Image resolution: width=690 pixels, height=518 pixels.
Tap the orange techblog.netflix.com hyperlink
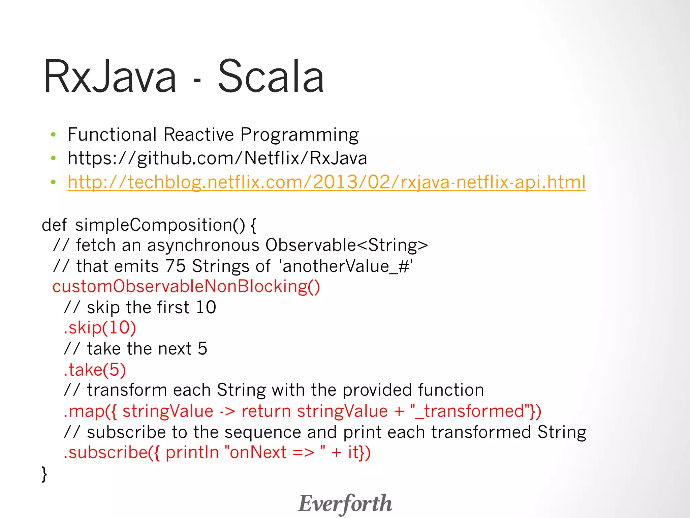326,182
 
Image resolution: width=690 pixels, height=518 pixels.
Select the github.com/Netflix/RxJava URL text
217,158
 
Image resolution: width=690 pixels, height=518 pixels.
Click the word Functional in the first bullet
112,135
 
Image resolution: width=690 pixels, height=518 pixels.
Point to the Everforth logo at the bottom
345,503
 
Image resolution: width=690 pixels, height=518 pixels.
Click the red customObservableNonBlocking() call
186,287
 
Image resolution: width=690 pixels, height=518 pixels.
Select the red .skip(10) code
100,328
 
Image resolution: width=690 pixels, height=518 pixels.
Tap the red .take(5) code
95,370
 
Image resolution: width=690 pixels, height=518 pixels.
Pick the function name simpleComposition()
160,225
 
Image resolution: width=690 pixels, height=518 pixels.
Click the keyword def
54,225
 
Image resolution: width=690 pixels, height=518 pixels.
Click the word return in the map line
266,411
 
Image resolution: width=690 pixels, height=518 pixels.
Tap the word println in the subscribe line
192,453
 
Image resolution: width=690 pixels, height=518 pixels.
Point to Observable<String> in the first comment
346,245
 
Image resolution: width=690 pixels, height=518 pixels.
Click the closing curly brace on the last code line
44,474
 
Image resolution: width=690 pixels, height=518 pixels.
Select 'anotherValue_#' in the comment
346,266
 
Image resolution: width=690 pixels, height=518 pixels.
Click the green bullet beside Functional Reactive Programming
53,135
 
